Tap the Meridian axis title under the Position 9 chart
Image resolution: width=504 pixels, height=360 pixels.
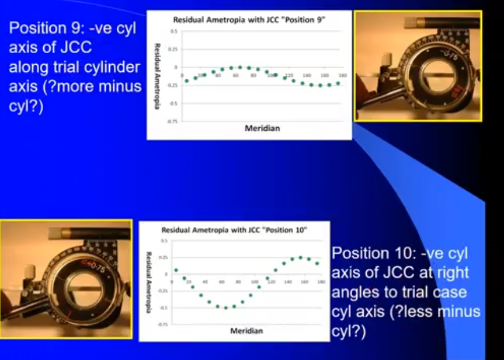tap(262, 128)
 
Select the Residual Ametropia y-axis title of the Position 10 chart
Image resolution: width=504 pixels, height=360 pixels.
tap(150, 281)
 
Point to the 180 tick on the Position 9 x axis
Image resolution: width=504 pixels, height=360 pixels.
tap(343, 76)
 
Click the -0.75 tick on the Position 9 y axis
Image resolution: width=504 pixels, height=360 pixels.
tap(173, 121)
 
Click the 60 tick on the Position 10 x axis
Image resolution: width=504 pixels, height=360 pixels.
tap(221, 281)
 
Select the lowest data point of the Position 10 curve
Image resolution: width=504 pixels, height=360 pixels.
tap(225, 307)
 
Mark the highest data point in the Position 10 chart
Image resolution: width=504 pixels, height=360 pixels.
tap(300, 257)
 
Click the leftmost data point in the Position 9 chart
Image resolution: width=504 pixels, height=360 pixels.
tap(187, 81)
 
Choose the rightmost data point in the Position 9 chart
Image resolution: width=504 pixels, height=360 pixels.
tap(338, 83)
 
